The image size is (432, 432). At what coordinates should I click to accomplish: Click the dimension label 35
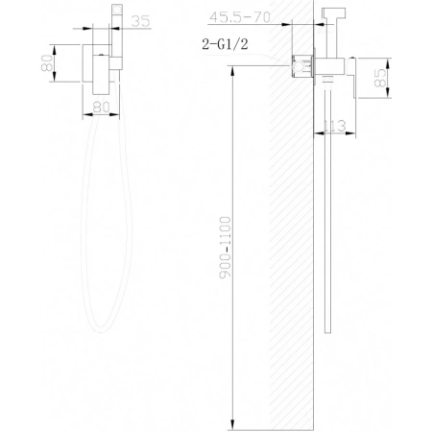pos(140,21)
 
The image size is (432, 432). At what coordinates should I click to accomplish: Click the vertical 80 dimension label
pos(47,63)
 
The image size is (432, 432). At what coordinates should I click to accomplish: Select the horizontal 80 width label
pos(102,108)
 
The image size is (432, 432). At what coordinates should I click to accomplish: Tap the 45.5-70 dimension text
pos(240,17)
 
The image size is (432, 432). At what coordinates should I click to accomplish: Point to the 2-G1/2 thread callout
pos(225,44)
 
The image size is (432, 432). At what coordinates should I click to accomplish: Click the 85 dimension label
pos(379,78)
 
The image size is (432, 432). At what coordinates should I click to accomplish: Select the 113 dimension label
pos(335,126)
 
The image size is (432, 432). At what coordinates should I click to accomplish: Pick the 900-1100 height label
pos(226,248)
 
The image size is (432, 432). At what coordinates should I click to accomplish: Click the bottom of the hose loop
pos(101,329)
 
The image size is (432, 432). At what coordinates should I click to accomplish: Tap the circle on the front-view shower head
pos(117,10)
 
